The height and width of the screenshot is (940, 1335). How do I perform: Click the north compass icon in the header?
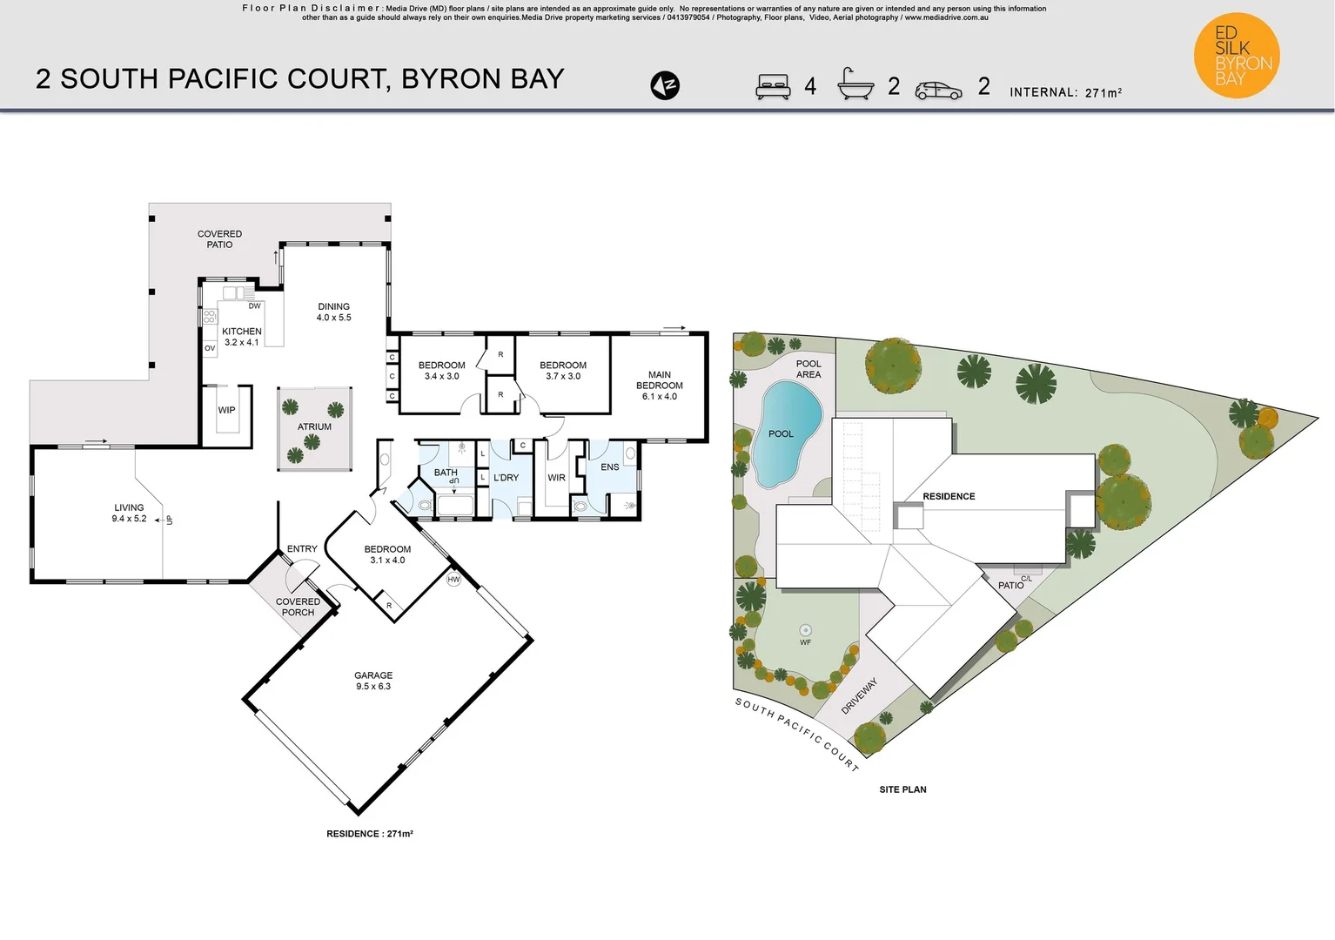[x=665, y=85]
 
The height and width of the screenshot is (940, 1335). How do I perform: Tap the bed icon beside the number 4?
[x=773, y=86]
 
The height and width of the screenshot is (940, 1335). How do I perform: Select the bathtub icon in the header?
[x=855, y=84]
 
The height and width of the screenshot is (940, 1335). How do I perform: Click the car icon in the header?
[x=938, y=90]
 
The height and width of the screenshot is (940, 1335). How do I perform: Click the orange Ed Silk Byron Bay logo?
[x=1237, y=55]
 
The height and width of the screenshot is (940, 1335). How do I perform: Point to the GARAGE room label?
[x=373, y=681]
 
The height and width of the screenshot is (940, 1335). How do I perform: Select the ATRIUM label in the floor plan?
[x=314, y=426]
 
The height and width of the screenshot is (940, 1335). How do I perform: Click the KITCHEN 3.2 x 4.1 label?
[x=241, y=337]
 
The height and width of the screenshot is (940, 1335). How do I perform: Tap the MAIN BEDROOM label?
[x=659, y=386]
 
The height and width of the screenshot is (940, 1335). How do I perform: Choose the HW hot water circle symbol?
[x=453, y=580]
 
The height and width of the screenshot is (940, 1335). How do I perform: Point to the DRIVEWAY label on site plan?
[x=859, y=696]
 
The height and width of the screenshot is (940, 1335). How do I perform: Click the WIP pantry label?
[x=226, y=410]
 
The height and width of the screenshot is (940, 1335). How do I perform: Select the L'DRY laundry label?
[x=506, y=478]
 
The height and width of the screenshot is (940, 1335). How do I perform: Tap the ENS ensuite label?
[x=609, y=467]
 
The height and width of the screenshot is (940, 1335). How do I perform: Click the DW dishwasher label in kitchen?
[x=254, y=306]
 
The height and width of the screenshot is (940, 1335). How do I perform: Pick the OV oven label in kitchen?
[x=210, y=348]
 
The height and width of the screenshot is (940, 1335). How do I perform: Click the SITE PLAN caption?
[x=902, y=789]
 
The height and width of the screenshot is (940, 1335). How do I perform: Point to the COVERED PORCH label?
[x=298, y=607]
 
